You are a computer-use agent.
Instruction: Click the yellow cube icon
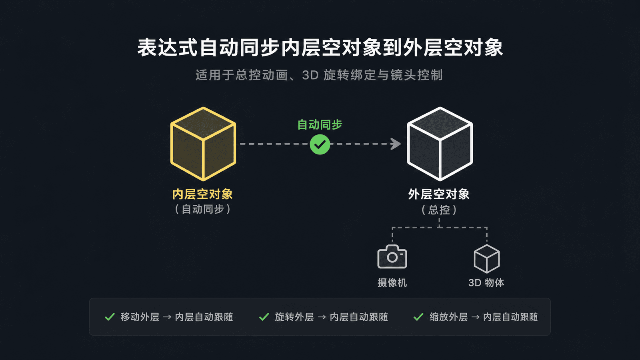(203, 144)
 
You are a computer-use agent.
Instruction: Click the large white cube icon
(440, 144)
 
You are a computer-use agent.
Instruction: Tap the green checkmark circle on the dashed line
(320, 144)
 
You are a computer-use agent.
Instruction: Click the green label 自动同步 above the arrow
(320, 124)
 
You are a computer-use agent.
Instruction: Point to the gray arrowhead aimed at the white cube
(396, 144)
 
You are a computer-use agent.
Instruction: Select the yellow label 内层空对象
(202, 194)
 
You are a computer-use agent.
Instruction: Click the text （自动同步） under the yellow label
(202, 209)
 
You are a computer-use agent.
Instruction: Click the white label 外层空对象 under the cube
(439, 194)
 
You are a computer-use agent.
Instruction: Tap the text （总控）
(439, 210)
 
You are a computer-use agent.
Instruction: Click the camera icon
(392, 256)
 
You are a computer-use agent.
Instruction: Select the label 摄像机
(392, 282)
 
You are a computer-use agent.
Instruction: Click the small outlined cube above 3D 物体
(486, 258)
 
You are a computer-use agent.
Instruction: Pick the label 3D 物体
(486, 282)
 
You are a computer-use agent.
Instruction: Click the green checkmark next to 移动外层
(110, 317)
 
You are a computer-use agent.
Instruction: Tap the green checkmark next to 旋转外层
(264, 317)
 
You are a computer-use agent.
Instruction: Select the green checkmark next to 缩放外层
(418, 317)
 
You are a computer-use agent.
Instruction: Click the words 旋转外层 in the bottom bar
(294, 317)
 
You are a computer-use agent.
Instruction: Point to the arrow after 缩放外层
(475, 317)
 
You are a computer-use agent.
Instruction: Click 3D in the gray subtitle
(310, 75)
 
